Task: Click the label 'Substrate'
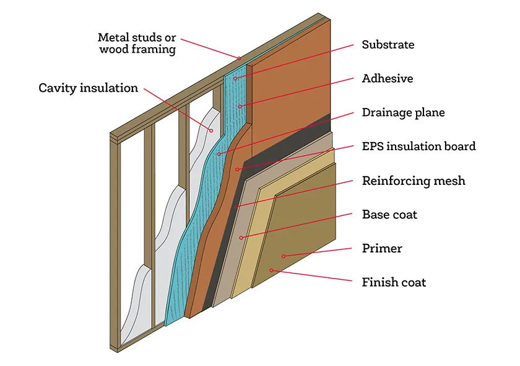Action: [388, 45]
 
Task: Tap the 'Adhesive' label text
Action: [387, 79]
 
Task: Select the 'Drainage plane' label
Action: [403, 113]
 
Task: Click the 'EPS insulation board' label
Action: [418, 146]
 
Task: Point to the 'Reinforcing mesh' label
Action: [413, 181]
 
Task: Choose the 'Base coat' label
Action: [389, 215]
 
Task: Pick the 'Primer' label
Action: [382, 249]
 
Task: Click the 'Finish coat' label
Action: [394, 282]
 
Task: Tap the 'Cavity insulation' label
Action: [89, 87]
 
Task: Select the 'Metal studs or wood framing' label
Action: [137, 43]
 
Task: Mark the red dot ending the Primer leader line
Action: [284, 255]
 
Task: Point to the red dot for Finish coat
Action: [271, 270]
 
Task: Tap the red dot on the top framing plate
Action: [239, 58]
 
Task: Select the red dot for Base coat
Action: [242, 238]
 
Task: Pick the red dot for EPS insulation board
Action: [237, 169]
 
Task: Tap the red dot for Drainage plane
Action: [219, 153]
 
